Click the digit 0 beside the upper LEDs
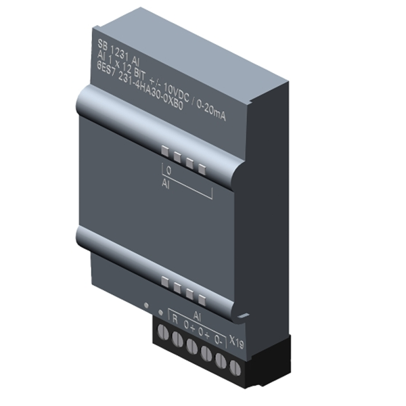[168, 173]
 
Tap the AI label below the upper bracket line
[166, 184]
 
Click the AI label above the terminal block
[199, 315]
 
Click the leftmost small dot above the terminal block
[146, 306]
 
